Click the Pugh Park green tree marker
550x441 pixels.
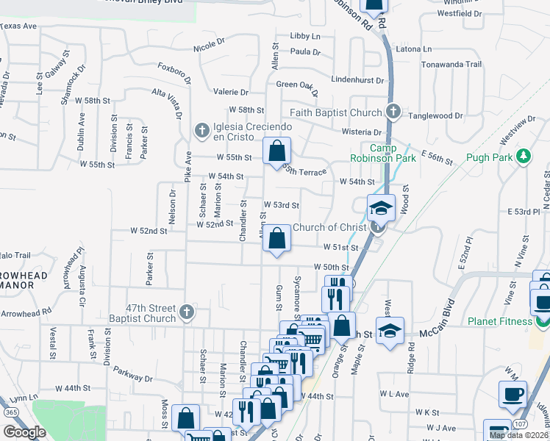click(523, 157)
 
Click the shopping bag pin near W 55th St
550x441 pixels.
click(276, 152)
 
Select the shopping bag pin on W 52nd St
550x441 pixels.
click(276, 239)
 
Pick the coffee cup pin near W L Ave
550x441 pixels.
click(512, 394)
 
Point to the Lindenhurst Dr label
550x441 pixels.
click(358, 79)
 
